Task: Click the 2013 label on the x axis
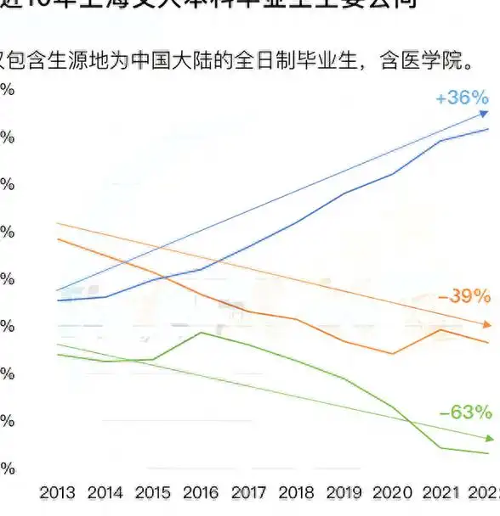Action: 57,493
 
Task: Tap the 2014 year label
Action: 105,493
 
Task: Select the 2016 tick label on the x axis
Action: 201,493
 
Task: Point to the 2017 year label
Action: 248,493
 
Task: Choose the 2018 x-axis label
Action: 296,493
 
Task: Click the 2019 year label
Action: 344,493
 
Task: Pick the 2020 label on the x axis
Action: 392,493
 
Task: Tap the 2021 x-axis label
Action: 440,493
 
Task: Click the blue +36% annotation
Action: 462,98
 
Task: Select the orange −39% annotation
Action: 463,297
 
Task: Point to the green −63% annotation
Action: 465,412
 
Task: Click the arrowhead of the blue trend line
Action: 484,114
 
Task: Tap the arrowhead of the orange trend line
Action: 486,325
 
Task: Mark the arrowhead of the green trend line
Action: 489,438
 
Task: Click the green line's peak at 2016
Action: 201,332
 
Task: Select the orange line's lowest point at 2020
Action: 392,353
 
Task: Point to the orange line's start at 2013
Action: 57,239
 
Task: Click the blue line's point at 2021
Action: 440,140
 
